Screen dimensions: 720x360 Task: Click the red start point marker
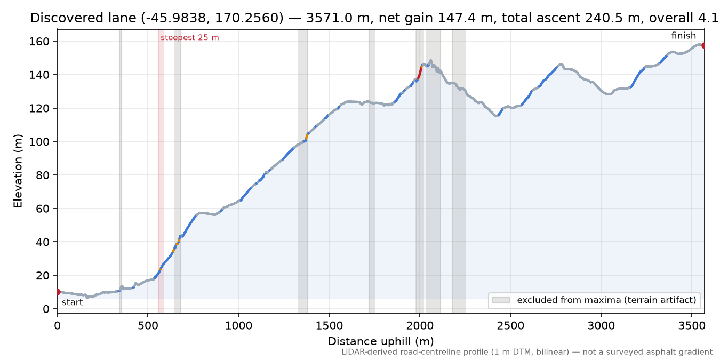pyautogui.click(x=58, y=292)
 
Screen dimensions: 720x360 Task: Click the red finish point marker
pyautogui.click(x=703, y=46)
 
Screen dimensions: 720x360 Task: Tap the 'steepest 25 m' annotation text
pyautogui.click(x=190, y=38)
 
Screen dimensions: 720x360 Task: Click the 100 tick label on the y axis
pyautogui.click(x=39, y=142)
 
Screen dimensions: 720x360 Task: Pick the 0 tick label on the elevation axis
pyautogui.click(x=46, y=309)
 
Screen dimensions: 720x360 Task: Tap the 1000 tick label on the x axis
pyautogui.click(x=238, y=326)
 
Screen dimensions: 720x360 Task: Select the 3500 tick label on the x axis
pyautogui.click(x=691, y=326)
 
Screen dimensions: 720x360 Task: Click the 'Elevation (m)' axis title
pyautogui.click(x=18, y=171)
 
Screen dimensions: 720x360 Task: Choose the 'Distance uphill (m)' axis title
pyautogui.click(x=381, y=341)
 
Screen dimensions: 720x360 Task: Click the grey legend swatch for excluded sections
pyautogui.click(x=501, y=300)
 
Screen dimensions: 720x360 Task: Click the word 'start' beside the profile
pyautogui.click(x=72, y=302)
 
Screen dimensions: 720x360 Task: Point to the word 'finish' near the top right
pyautogui.click(x=684, y=35)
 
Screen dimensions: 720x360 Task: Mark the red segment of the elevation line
pyautogui.click(x=419, y=73)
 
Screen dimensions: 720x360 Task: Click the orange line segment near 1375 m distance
pyautogui.click(x=306, y=137)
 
